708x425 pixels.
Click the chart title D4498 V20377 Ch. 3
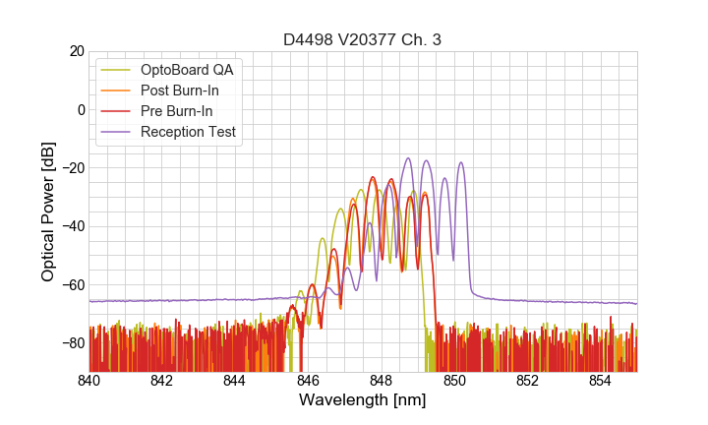(x=362, y=39)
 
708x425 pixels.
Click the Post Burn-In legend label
(x=180, y=91)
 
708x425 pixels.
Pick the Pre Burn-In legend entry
(x=177, y=111)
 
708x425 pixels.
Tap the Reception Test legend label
(x=188, y=132)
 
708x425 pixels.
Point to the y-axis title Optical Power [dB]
(x=48, y=212)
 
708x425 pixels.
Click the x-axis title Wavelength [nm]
(x=362, y=400)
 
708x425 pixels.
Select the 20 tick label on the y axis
(x=76, y=51)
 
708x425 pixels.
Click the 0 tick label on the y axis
(x=80, y=109)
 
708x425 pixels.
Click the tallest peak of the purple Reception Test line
(x=408, y=157)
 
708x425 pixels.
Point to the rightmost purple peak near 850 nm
(x=460, y=162)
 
